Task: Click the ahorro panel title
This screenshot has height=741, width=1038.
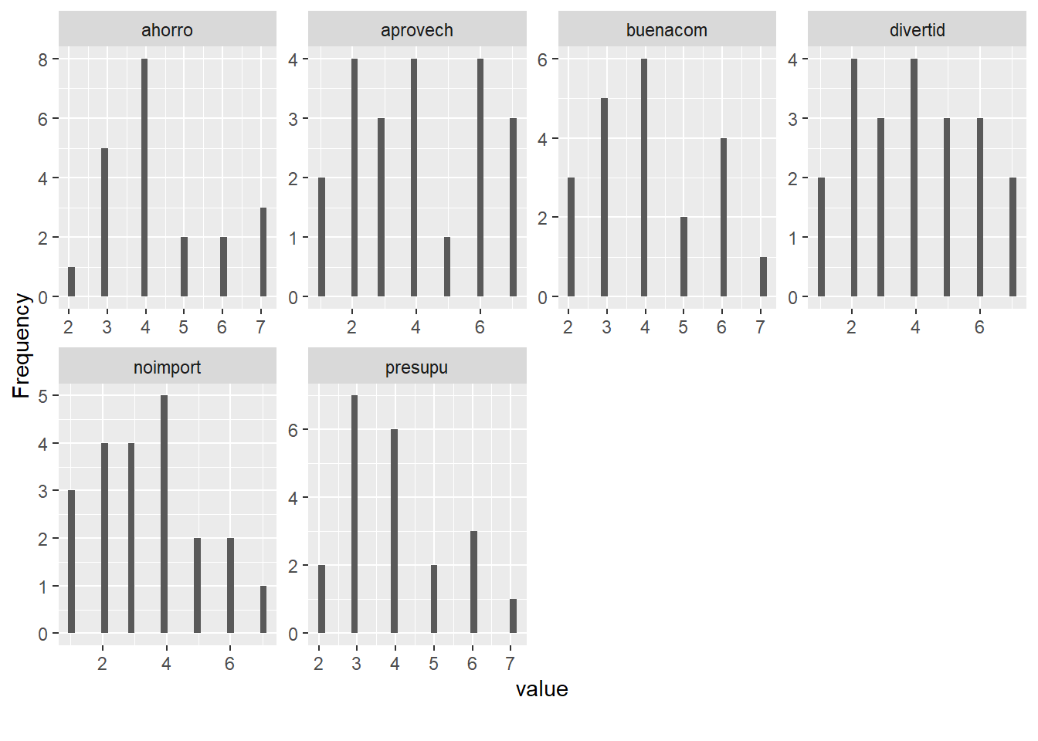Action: (x=167, y=30)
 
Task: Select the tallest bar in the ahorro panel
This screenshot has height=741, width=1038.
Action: (x=144, y=178)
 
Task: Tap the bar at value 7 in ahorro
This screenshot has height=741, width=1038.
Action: (x=263, y=252)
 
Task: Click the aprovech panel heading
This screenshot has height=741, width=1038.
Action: (x=417, y=30)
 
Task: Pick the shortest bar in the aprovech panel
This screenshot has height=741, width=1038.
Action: (x=447, y=267)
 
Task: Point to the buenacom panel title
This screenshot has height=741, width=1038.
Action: (x=667, y=30)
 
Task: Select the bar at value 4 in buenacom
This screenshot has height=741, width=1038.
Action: (x=644, y=178)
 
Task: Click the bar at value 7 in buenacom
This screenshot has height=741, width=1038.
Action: (x=763, y=276)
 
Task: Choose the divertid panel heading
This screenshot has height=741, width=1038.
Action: (x=917, y=30)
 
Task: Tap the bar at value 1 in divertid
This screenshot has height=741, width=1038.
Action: (x=821, y=237)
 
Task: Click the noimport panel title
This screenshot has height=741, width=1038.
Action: (x=167, y=367)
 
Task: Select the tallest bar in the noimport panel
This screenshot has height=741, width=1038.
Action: (x=164, y=514)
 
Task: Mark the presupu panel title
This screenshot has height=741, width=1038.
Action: (x=417, y=367)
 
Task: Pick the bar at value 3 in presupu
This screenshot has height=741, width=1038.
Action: (x=354, y=514)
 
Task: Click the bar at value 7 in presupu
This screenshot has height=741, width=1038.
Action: (x=513, y=616)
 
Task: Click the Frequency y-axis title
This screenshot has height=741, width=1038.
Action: (x=21, y=345)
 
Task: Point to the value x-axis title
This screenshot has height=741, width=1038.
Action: (x=541, y=689)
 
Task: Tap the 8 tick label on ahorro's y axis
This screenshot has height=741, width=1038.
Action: (x=43, y=59)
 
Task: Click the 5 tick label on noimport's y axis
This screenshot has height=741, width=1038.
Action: (x=43, y=396)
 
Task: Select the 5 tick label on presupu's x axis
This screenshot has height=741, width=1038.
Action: (x=433, y=664)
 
